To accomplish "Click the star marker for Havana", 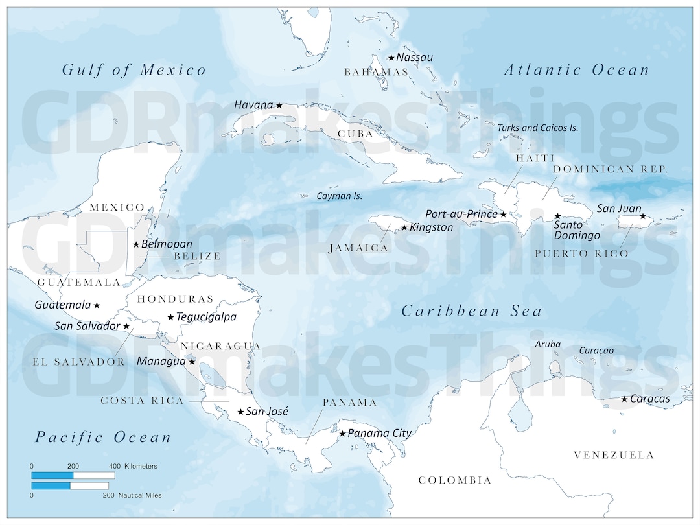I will coord(279,105).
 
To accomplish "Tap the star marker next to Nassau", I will coord(391,58).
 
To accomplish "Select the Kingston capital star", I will coord(404,227).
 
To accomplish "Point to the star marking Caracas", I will coord(624,399).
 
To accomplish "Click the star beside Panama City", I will coord(342,434).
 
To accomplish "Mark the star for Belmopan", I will coord(136,244).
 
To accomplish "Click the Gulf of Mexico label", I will coord(134,70).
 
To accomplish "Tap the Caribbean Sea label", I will coord(471,311).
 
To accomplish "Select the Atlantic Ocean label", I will coord(576,70).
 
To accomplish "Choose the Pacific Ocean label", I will coord(103,437).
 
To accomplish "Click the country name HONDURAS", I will coord(175,299).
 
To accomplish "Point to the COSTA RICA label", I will coord(142,401).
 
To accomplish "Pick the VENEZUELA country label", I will coord(613,455).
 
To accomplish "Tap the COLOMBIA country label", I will coord(454,480).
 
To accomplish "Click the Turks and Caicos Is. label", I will coord(537,128).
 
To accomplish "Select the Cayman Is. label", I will coord(339,196).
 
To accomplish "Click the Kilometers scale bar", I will coord(73,476).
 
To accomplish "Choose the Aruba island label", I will coord(548,344).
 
